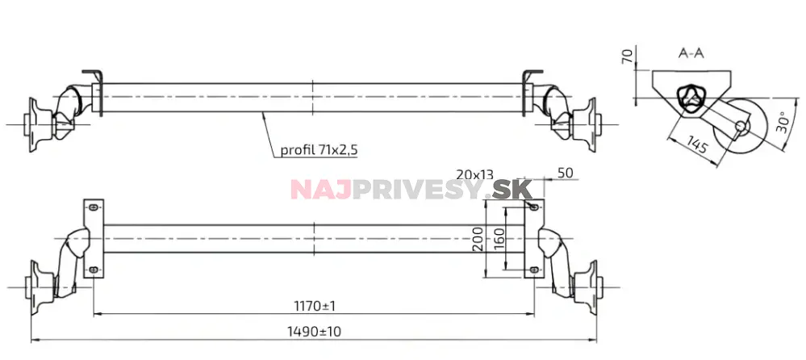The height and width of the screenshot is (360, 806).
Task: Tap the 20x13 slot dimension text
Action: point(475,174)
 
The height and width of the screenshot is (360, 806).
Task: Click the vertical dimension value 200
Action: point(477,239)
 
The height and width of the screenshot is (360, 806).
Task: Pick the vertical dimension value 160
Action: point(499,239)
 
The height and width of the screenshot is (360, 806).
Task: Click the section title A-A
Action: point(691,54)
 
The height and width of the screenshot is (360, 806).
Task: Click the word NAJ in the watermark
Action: point(315,190)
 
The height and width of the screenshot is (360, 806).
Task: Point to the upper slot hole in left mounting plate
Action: point(94,207)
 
